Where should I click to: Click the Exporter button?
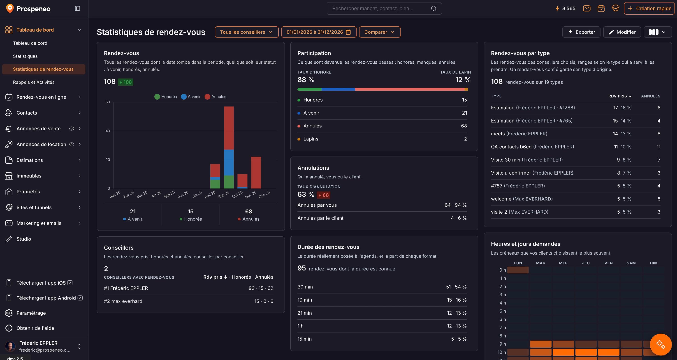pos(581,32)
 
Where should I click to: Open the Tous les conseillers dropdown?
pos(246,32)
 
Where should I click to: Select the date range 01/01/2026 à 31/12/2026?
pos(318,32)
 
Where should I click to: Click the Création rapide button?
pos(649,8)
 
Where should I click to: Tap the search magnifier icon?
pos(434,8)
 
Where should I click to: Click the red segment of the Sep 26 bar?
pos(229,128)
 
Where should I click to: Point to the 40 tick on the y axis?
pos(108,131)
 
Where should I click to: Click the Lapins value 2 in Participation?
pos(465,139)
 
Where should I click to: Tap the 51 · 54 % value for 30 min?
pos(456,287)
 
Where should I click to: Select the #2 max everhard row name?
pos(123,301)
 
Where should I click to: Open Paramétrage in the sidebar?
pos(31,313)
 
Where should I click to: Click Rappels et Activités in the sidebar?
pos(34,82)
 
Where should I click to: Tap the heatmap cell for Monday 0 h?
pos(518,270)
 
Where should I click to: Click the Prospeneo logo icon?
pos(10,8)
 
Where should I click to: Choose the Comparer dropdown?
pos(380,32)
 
